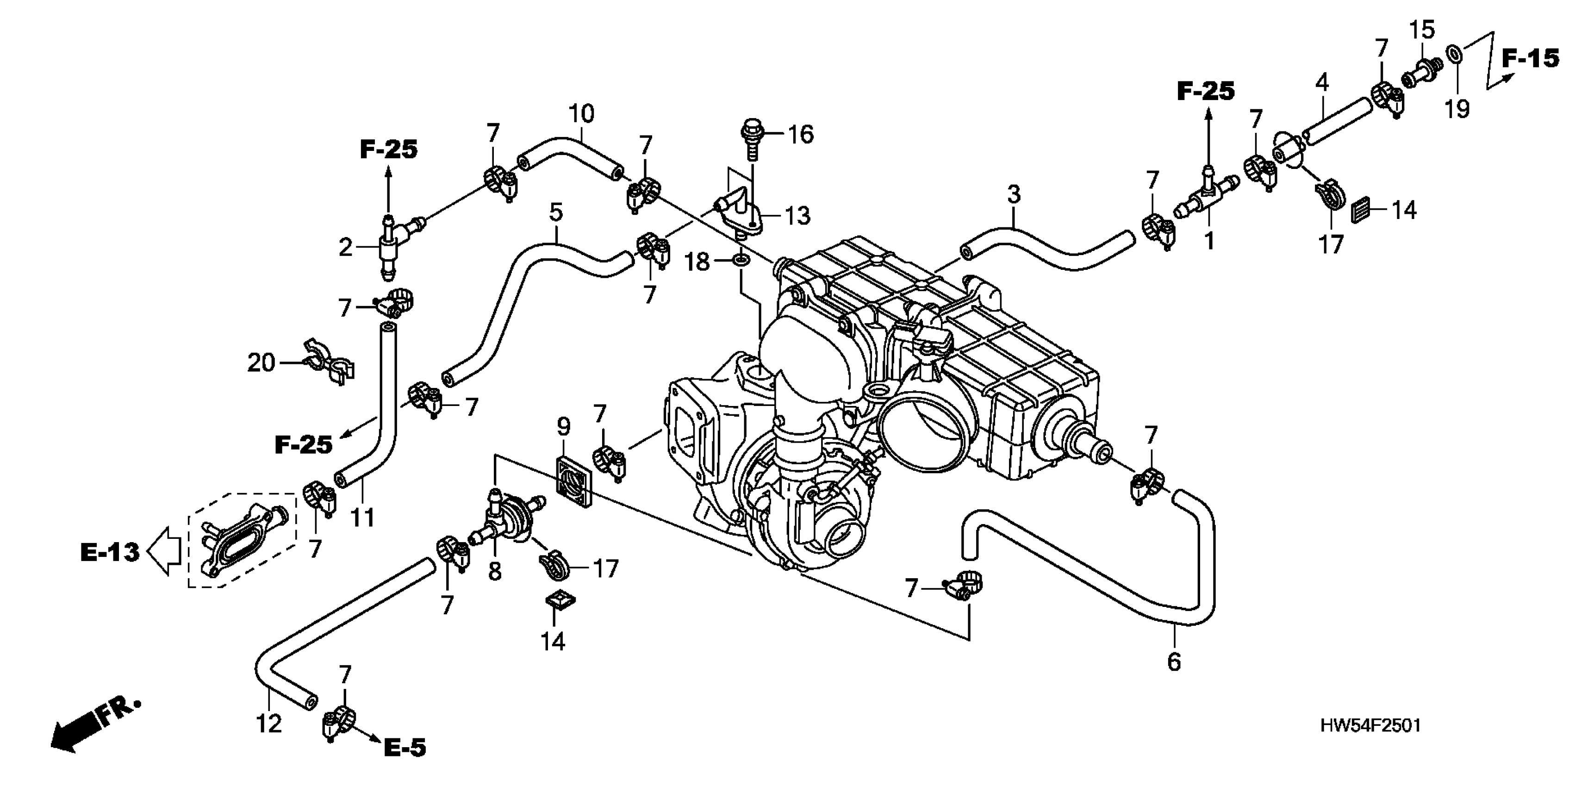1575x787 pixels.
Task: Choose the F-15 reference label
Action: pos(1531,59)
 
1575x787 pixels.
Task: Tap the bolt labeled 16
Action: pos(752,139)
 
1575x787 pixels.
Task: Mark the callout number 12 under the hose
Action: pos(269,724)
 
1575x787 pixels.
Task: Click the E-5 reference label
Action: pos(405,747)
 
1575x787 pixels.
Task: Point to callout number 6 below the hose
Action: pos(1174,661)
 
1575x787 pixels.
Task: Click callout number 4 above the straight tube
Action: pos(1322,82)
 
